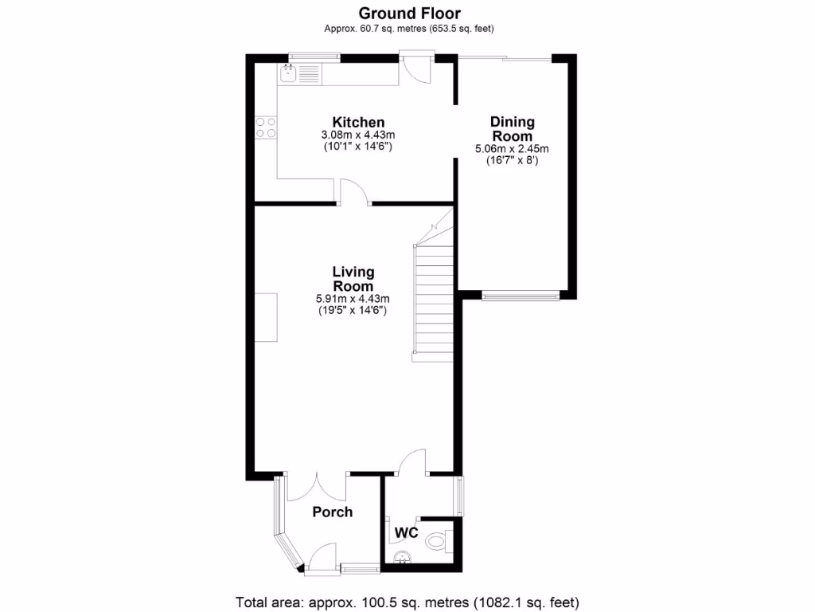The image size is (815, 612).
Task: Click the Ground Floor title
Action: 409,13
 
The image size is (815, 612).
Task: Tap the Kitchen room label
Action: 358,122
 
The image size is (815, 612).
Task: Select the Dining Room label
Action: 512,128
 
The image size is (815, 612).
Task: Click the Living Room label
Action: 353,279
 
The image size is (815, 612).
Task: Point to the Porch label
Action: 332,512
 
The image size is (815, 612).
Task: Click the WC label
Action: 406,532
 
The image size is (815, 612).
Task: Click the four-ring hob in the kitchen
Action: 266,127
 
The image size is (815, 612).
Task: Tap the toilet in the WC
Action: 437,542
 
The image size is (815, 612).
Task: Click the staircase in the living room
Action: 431,299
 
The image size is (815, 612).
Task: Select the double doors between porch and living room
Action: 317,486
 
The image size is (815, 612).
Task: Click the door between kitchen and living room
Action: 354,193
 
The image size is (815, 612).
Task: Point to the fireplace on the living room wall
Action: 266,317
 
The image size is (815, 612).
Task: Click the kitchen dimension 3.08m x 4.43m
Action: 358,135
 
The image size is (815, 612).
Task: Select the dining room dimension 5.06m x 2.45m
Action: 512,148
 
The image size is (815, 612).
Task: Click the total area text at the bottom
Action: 407,601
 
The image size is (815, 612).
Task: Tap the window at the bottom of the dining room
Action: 519,296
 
